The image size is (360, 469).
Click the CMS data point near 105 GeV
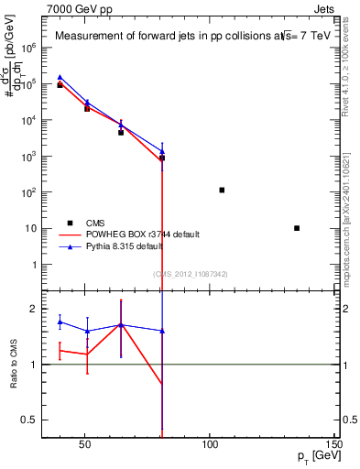click(x=222, y=190)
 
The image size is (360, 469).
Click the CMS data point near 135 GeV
click(x=297, y=228)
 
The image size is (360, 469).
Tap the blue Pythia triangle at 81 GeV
click(x=162, y=151)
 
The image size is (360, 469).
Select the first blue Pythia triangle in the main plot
click(x=60, y=78)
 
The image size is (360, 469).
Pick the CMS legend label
click(x=95, y=223)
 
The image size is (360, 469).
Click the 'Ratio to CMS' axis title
click(x=14, y=365)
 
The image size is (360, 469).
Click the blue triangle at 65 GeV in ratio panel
click(x=120, y=324)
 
